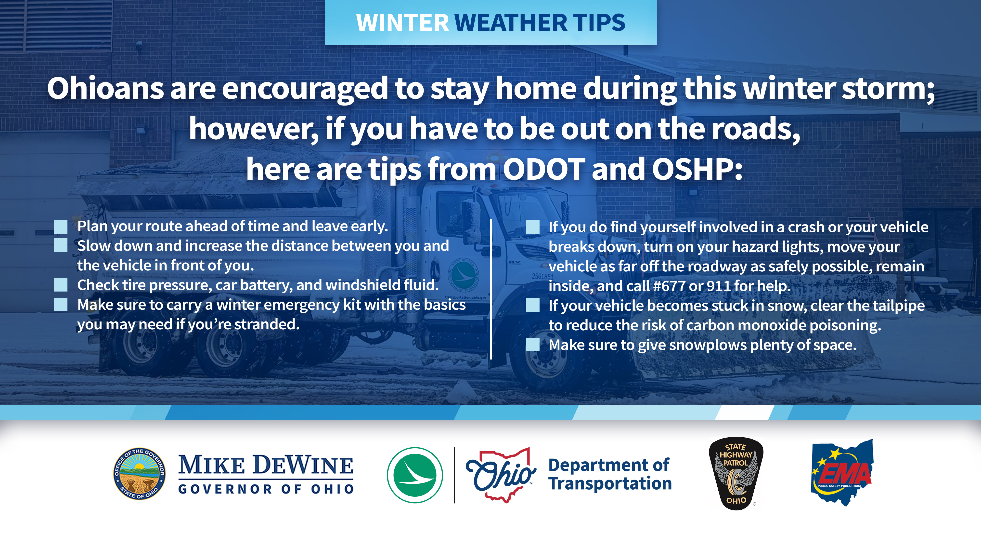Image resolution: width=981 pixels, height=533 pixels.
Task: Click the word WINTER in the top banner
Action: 402,23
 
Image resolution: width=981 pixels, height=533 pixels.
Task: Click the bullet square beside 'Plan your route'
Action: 61,227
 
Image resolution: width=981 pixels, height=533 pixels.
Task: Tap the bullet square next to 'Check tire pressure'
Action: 61,285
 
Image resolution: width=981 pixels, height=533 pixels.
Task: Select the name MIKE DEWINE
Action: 266,465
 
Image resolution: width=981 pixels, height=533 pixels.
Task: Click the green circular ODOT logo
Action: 415,475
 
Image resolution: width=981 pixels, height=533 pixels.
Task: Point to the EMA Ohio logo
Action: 842,472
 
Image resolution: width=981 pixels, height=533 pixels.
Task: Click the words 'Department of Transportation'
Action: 610,474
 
